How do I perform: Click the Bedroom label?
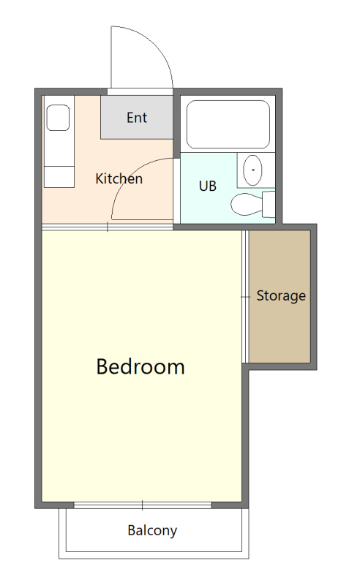coord(140,366)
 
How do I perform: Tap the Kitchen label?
coord(119,178)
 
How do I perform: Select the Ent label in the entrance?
coord(137,118)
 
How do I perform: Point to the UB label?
coord(208,186)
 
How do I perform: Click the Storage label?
coord(281,295)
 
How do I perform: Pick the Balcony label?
coord(152,531)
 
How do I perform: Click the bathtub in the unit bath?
coord(228,124)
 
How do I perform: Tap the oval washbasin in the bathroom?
coord(252,170)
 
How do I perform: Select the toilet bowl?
coord(247,204)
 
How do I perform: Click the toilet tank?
coord(269,204)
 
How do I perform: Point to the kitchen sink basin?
coord(58,118)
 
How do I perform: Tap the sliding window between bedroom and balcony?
coord(142,505)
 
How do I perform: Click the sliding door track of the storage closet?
coord(245,297)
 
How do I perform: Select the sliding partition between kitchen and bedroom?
coord(108,227)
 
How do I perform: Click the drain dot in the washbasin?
coord(253,170)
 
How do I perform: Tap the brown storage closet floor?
coord(280,296)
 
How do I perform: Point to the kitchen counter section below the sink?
coord(59,177)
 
